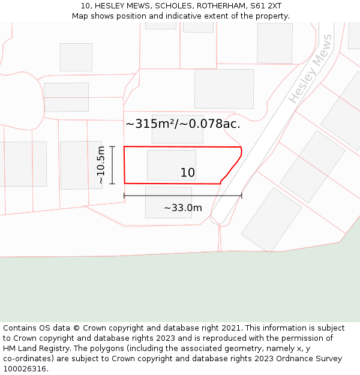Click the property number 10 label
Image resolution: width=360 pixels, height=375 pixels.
coord(187,173)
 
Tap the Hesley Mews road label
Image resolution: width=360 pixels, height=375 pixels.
coord(311,68)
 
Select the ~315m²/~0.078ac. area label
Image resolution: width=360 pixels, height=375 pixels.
coord(183,124)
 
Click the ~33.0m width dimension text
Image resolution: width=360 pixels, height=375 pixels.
coord(183,208)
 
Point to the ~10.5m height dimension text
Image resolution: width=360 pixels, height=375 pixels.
coord(101,165)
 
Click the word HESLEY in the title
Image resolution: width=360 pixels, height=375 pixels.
coord(110,6)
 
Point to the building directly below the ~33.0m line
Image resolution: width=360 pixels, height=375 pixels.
coord(169,203)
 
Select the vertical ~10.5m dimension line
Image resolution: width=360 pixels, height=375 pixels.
coord(112,165)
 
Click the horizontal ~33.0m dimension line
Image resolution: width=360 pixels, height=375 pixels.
coord(182,195)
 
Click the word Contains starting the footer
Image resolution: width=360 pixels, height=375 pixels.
coord(20,328)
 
